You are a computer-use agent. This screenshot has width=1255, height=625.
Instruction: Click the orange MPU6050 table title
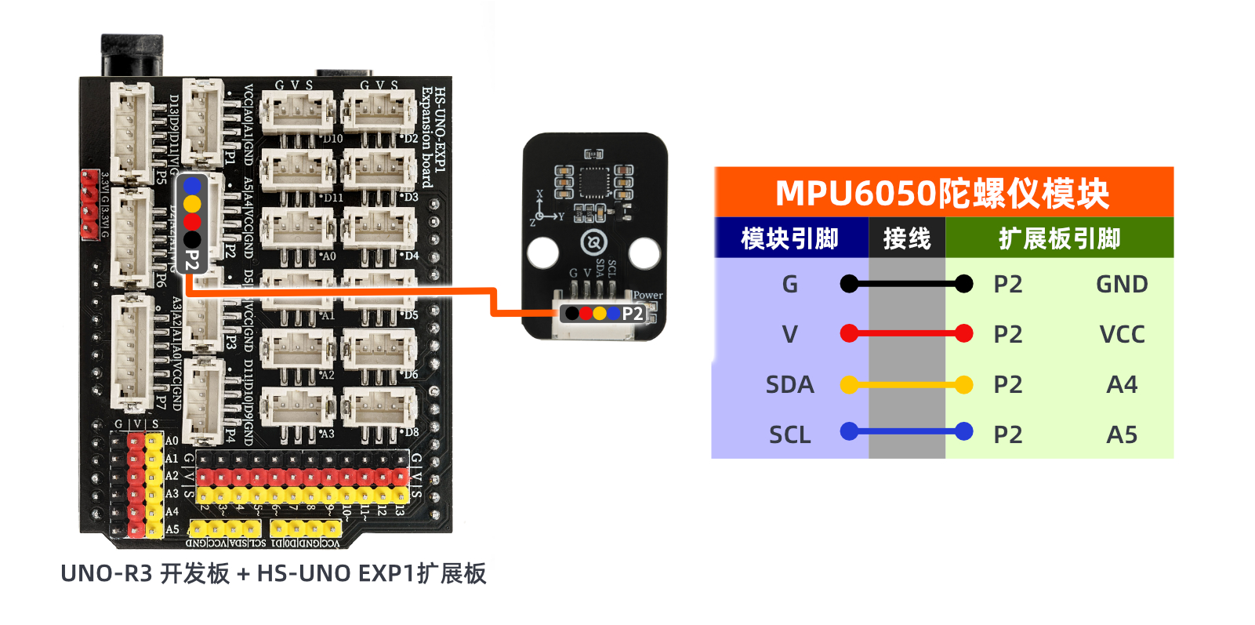943,193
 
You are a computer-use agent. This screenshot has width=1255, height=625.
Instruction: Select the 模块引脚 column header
790,238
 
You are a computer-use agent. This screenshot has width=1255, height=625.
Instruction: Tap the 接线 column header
907,238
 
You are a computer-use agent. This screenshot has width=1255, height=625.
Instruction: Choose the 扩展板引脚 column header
1059,238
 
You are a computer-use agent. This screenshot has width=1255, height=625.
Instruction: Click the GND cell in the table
1122,284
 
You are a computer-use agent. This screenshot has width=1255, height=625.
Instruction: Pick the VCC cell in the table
1122,334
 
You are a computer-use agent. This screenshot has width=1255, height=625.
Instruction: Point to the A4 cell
1122,384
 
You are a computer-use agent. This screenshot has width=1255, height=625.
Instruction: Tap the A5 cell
1122,434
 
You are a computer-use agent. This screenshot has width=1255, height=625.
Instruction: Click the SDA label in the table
789,384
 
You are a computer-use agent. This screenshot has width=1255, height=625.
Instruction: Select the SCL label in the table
789,434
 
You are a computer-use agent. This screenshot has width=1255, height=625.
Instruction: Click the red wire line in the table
907,333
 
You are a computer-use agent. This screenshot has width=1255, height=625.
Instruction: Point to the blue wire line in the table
907,431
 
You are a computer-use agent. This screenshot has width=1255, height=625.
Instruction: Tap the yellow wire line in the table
907,384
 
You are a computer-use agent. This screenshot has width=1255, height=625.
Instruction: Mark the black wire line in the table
907,284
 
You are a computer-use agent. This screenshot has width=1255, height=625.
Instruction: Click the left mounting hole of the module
543,253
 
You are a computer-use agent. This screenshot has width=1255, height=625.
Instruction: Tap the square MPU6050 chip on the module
593,182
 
